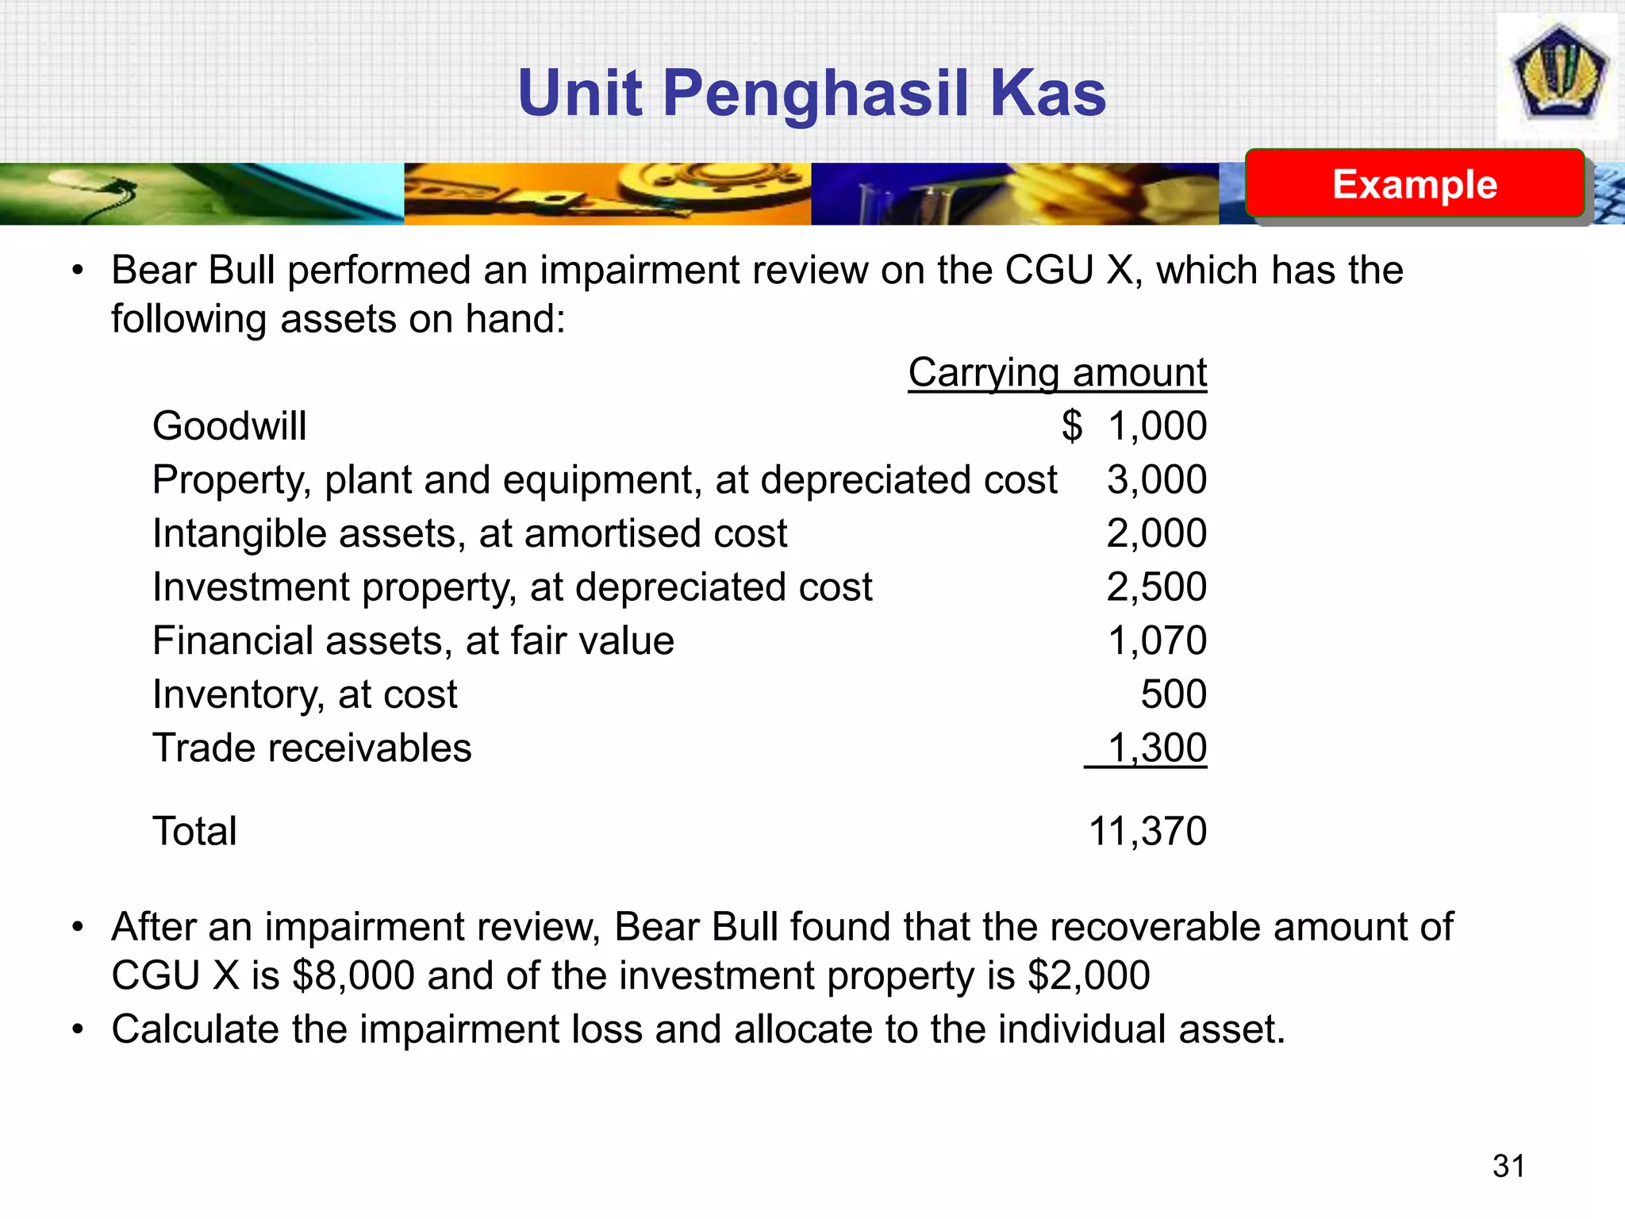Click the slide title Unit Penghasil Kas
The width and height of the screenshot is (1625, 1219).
click(811, 94)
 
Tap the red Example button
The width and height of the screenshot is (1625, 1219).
click(1414, 184)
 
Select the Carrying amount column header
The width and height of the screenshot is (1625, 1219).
click(1057, 372)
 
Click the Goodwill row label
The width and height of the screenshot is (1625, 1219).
click(229, 426)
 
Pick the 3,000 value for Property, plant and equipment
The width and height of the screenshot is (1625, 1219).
click(1156, 480)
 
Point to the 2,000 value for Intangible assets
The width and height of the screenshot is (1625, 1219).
click(1156, 533)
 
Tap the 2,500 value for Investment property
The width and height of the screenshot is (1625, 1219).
click(1156, 587)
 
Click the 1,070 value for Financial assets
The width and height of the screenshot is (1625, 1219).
click(1156, 640)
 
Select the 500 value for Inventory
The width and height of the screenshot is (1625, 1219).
click(1174, 694)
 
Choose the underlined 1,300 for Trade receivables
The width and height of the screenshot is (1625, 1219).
click(1156, 748)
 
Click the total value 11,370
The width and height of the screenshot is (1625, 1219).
click(1147, 832)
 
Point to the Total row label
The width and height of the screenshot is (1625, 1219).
click(194, 832)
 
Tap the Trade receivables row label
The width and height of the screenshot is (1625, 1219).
click(312, 748)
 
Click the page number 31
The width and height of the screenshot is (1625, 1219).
click(1508, 1166)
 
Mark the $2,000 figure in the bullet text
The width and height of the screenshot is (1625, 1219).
click(1088, 975)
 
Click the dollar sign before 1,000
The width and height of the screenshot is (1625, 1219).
click(1072, 426)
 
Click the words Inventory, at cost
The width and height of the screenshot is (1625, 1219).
click(305, 695)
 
